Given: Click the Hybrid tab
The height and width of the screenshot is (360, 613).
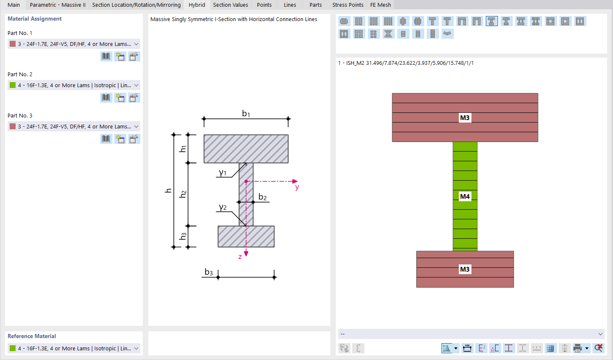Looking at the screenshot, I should point(197,5).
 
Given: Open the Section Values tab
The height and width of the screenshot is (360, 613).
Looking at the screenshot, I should point(230,5).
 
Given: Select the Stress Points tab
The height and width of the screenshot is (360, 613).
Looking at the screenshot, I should point(348,5).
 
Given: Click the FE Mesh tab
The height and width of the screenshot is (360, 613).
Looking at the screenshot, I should point(380,5).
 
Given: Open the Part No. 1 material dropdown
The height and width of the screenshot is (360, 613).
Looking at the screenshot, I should point(74,44).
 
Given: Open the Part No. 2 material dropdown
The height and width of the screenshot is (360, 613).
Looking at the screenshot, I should point(74,85).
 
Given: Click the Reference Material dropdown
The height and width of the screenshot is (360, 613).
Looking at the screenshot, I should point(74,348).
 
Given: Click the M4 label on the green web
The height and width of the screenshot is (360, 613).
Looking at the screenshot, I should point(465,196).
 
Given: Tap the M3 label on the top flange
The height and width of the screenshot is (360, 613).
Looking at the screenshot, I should point(465,118).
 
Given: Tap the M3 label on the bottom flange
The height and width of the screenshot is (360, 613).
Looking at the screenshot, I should point(465,269).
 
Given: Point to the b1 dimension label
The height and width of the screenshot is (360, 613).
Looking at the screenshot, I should point(246,113).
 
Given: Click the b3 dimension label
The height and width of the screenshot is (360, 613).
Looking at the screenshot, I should point(209,272).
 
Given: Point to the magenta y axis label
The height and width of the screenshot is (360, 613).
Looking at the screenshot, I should point(297,187).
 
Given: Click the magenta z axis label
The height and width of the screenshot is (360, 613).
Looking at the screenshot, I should point(240,256).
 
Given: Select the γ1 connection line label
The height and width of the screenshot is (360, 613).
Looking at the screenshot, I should point(223,173).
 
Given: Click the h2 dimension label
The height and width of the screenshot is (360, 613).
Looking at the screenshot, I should point(183,194).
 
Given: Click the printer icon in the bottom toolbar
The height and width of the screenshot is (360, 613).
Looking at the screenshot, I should point(578,348).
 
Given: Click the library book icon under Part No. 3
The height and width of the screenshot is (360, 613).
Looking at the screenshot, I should point(106,139).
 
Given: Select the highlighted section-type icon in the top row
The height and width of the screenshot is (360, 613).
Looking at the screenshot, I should point(491,21).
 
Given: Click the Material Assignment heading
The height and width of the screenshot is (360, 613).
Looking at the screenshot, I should point(35,19).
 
